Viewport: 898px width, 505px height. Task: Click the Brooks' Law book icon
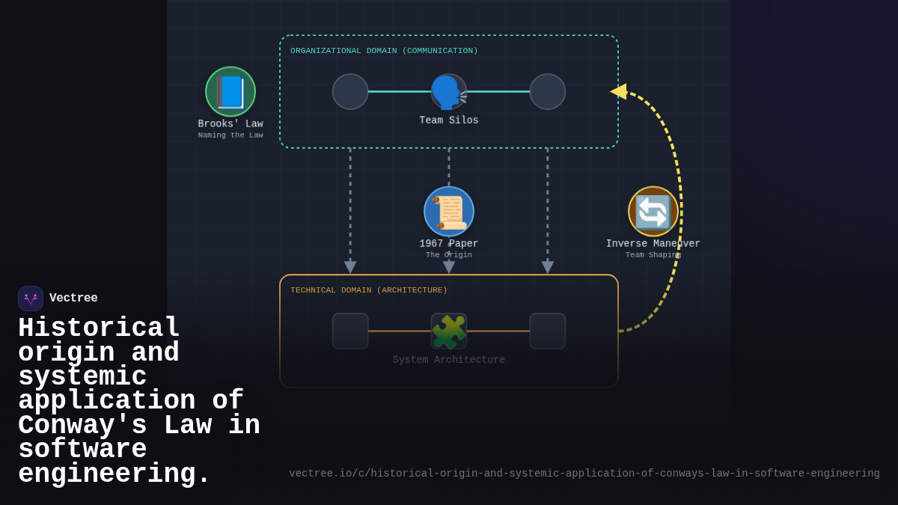230,92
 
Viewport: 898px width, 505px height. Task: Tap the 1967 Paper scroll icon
449,212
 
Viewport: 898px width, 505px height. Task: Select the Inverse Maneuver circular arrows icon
653,212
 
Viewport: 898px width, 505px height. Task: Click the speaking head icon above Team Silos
449,92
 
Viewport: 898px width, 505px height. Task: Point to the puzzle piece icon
449,331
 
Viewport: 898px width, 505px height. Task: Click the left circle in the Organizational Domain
350,92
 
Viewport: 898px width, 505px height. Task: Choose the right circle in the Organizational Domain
548,92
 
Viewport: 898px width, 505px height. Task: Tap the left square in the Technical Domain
350,331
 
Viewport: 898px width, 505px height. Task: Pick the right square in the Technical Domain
548,331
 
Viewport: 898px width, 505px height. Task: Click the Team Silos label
449,120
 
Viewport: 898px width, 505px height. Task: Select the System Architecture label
449,360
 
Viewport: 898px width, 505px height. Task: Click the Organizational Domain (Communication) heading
384,51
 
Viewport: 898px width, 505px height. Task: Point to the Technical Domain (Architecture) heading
369,290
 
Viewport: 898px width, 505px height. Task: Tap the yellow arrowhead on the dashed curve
619,91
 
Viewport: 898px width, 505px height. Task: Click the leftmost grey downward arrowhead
350,267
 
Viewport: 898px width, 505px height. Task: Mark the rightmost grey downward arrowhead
548,267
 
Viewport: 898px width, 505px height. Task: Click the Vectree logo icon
31,299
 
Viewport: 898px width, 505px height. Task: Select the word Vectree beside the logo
73,299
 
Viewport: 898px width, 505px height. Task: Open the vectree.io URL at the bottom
584,474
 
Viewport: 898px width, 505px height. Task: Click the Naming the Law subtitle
230,135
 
